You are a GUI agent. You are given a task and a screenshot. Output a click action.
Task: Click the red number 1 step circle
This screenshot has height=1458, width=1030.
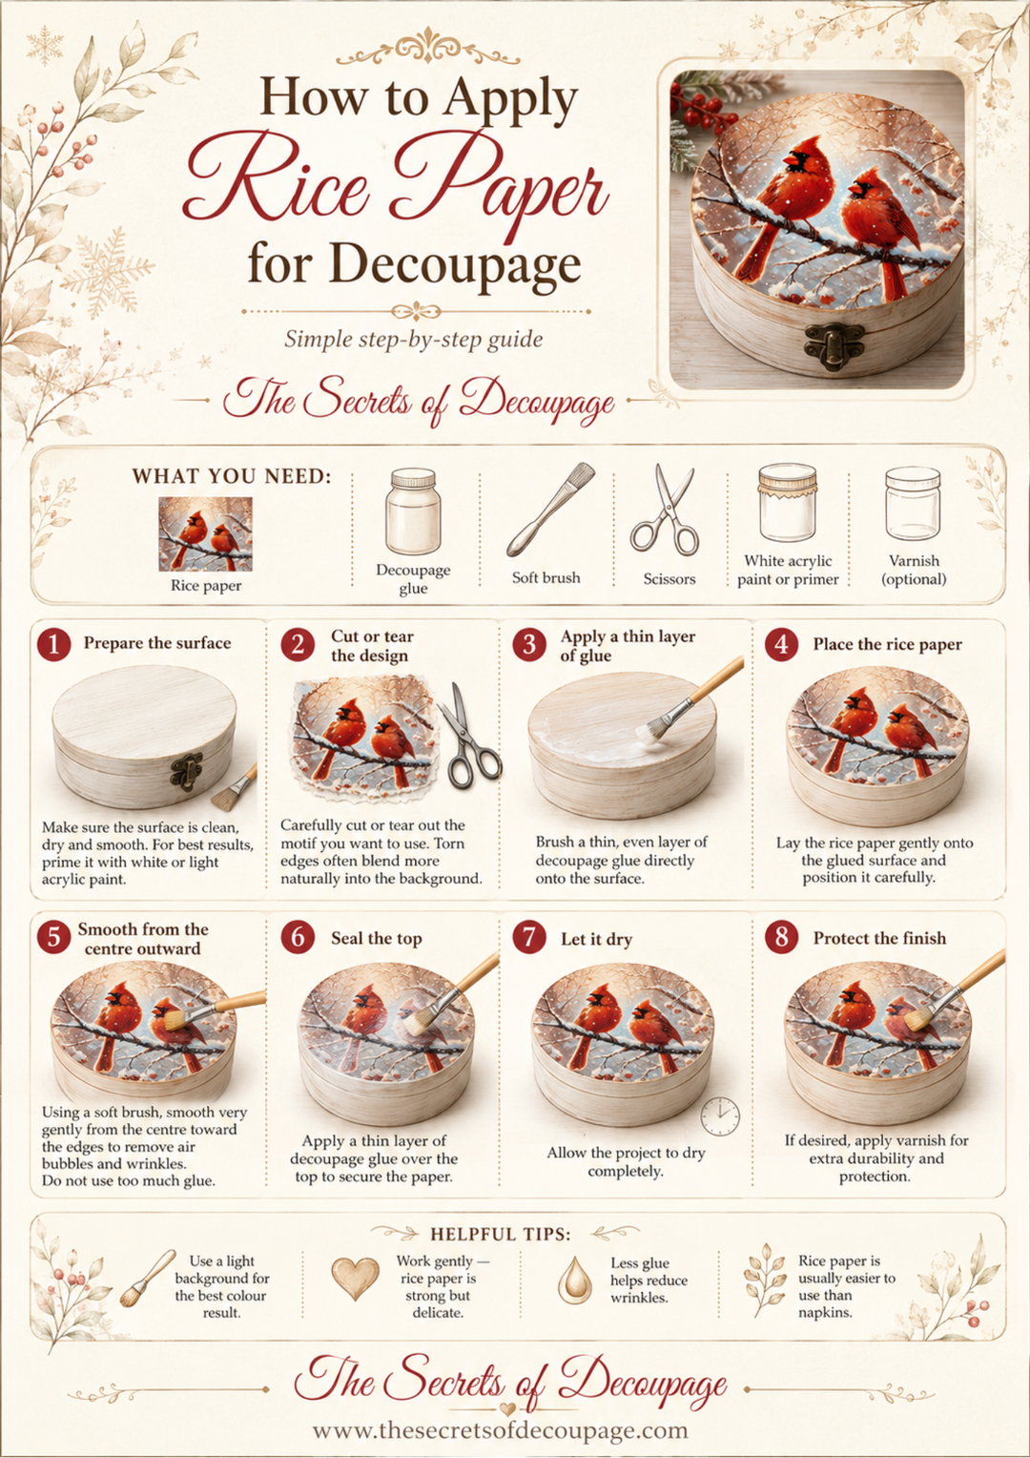53,644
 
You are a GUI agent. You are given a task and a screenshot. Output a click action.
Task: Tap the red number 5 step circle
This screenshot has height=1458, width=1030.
53,938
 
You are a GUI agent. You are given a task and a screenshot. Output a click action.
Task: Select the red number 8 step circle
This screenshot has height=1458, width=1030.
781,938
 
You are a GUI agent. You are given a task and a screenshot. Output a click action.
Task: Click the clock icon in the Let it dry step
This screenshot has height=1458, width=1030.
720,1116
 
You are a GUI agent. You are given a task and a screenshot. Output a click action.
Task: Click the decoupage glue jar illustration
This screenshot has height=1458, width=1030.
413,511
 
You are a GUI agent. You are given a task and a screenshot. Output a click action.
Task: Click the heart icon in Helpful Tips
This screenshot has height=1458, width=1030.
355,1278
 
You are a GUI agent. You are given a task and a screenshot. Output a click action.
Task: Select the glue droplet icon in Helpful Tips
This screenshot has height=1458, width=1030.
575,1280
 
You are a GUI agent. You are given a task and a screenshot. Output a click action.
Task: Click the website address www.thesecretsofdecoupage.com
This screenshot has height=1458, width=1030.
501,1429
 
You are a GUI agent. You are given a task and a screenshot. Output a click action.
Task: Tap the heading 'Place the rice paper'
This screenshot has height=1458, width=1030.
887,644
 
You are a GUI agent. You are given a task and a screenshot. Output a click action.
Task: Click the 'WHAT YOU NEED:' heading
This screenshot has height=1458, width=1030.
232,476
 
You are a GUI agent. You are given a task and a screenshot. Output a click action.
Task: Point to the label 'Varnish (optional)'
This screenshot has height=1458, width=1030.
914,570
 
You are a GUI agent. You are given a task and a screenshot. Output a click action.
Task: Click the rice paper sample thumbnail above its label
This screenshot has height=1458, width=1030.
206,534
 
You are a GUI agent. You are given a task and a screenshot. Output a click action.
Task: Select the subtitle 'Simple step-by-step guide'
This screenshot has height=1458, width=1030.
413,339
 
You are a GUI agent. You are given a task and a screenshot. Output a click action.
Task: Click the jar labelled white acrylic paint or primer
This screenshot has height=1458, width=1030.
787,502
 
